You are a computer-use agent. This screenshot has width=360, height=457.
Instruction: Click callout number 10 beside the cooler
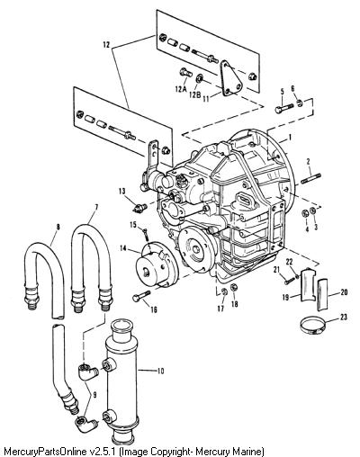pyautogui.click(x=160, y=371)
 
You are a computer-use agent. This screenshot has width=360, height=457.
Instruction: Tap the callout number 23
pyautogui.click(x=344, y=317)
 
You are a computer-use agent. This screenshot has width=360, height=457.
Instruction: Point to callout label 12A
pyautogui.click(x=181, y=89)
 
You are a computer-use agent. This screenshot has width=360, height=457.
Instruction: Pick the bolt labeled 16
pyautogui.click(x=141, y=296)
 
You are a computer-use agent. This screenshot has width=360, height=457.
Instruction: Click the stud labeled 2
pyautogui.click(x=310, y=178)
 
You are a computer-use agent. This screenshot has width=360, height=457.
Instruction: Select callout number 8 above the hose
pyautogui.click(x=58, y=227)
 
